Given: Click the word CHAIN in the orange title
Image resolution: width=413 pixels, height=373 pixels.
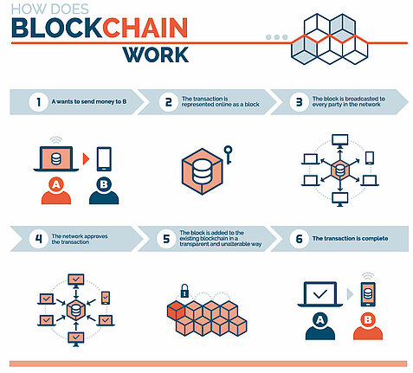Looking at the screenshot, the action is tap(145, 28).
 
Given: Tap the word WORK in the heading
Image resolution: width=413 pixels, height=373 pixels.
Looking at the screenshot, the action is tap(156, 55).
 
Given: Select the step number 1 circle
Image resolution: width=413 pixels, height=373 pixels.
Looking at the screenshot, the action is tap(38, 102).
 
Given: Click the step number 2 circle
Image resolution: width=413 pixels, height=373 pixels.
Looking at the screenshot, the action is tap(169, 102).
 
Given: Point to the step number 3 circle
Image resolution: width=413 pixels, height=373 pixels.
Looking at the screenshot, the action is tap(299, 102).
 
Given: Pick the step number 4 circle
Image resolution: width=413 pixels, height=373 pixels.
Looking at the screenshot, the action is tap(38, 239).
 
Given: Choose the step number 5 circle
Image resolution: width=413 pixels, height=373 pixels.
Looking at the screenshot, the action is tap(166, 239).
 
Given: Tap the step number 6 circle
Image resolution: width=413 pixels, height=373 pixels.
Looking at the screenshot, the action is tap(299, 239).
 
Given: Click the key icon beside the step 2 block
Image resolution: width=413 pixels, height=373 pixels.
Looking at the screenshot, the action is tap(228, 155).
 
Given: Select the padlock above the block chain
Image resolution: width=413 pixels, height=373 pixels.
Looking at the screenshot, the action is tap(184, 291).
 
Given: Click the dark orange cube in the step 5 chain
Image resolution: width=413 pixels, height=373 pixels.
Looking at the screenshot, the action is tap(176, 310).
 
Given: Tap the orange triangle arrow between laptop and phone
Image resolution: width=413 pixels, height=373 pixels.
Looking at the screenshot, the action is tap(86, 159).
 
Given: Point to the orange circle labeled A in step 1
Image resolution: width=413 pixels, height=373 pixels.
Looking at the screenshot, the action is tap(56, 184).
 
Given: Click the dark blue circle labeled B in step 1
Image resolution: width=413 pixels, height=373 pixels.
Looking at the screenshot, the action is tap(104, 184).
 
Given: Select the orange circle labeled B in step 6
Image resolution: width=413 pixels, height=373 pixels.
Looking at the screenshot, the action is tap(368, 319).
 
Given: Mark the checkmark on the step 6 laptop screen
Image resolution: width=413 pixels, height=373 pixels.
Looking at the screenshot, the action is tap(320, 294).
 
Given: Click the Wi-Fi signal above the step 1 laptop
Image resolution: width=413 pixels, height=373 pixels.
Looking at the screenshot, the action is tap(55, 140).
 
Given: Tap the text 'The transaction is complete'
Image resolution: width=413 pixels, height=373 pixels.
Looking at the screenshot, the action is tap(350, 239).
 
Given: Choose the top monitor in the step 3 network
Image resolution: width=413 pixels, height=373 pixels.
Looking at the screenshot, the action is tap(340, 141).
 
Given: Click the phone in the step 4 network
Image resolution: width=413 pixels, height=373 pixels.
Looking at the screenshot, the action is tap(106, 298).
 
